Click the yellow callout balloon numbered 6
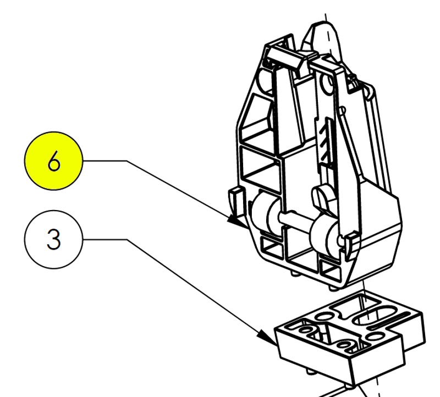[53, 162]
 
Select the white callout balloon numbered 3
[53, 240]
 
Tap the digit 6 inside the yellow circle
[53, 162]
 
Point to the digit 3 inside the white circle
[53, 240]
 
